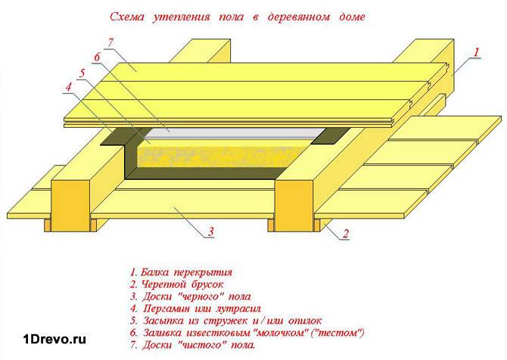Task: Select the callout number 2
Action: pyautogui.click(x=346, y=234)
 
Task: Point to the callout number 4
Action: pyautogui.click(x=69, y=87)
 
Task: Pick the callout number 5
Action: pyautogui.click(x=82, y=73)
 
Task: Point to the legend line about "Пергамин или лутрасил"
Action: pyautogui.click(x=195, y=309)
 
